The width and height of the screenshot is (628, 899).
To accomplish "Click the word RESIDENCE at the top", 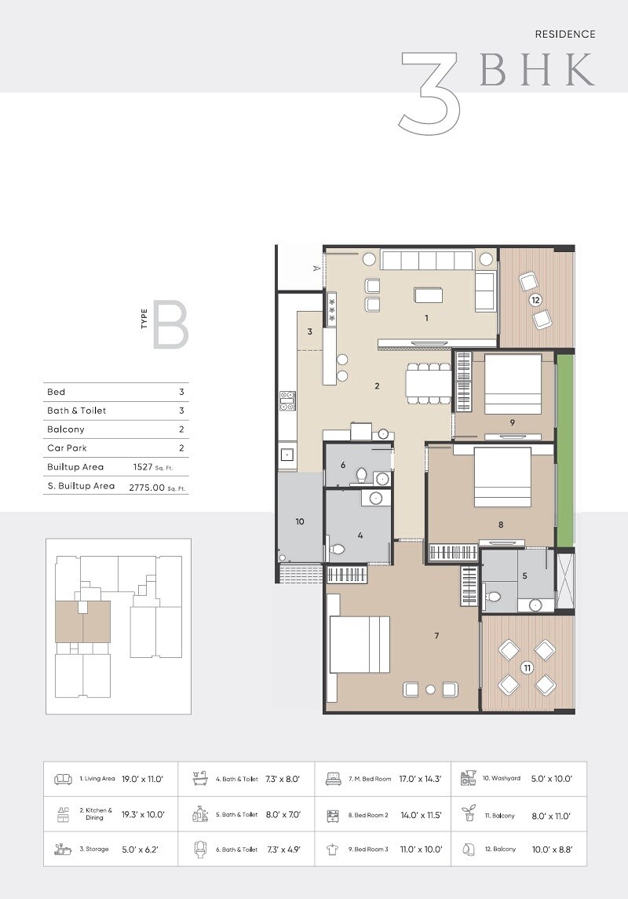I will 564,35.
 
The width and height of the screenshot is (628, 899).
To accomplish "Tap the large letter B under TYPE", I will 170,324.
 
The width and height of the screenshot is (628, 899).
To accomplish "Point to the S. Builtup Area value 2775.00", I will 147,487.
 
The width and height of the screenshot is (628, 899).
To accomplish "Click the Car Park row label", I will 66,448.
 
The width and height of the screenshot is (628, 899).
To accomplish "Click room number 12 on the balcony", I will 535,300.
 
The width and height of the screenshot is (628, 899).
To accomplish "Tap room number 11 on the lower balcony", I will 527,667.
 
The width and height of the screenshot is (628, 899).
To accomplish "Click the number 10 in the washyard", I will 299,521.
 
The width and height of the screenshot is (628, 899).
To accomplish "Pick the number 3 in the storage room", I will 310,332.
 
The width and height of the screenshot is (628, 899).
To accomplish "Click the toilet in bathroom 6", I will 362,475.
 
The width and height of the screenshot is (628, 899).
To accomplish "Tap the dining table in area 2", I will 428,383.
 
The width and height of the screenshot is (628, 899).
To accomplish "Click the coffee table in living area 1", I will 429,294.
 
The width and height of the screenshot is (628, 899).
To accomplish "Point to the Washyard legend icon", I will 469,779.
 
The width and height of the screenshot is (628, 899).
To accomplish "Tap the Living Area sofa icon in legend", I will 64,780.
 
